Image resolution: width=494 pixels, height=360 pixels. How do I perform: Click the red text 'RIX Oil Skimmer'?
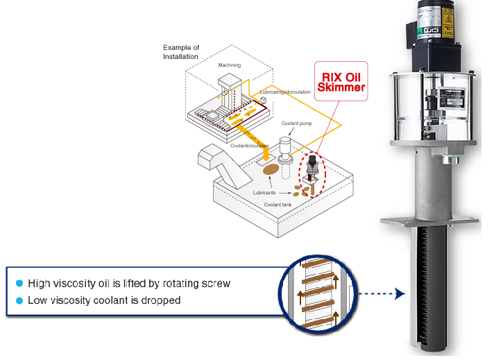(340, 82)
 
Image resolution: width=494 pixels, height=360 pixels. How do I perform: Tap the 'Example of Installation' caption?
(180, 52)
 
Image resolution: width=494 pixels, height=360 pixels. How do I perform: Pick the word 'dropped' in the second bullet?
(164, 300)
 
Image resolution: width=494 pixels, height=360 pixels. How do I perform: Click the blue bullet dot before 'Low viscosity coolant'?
(19, 300)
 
